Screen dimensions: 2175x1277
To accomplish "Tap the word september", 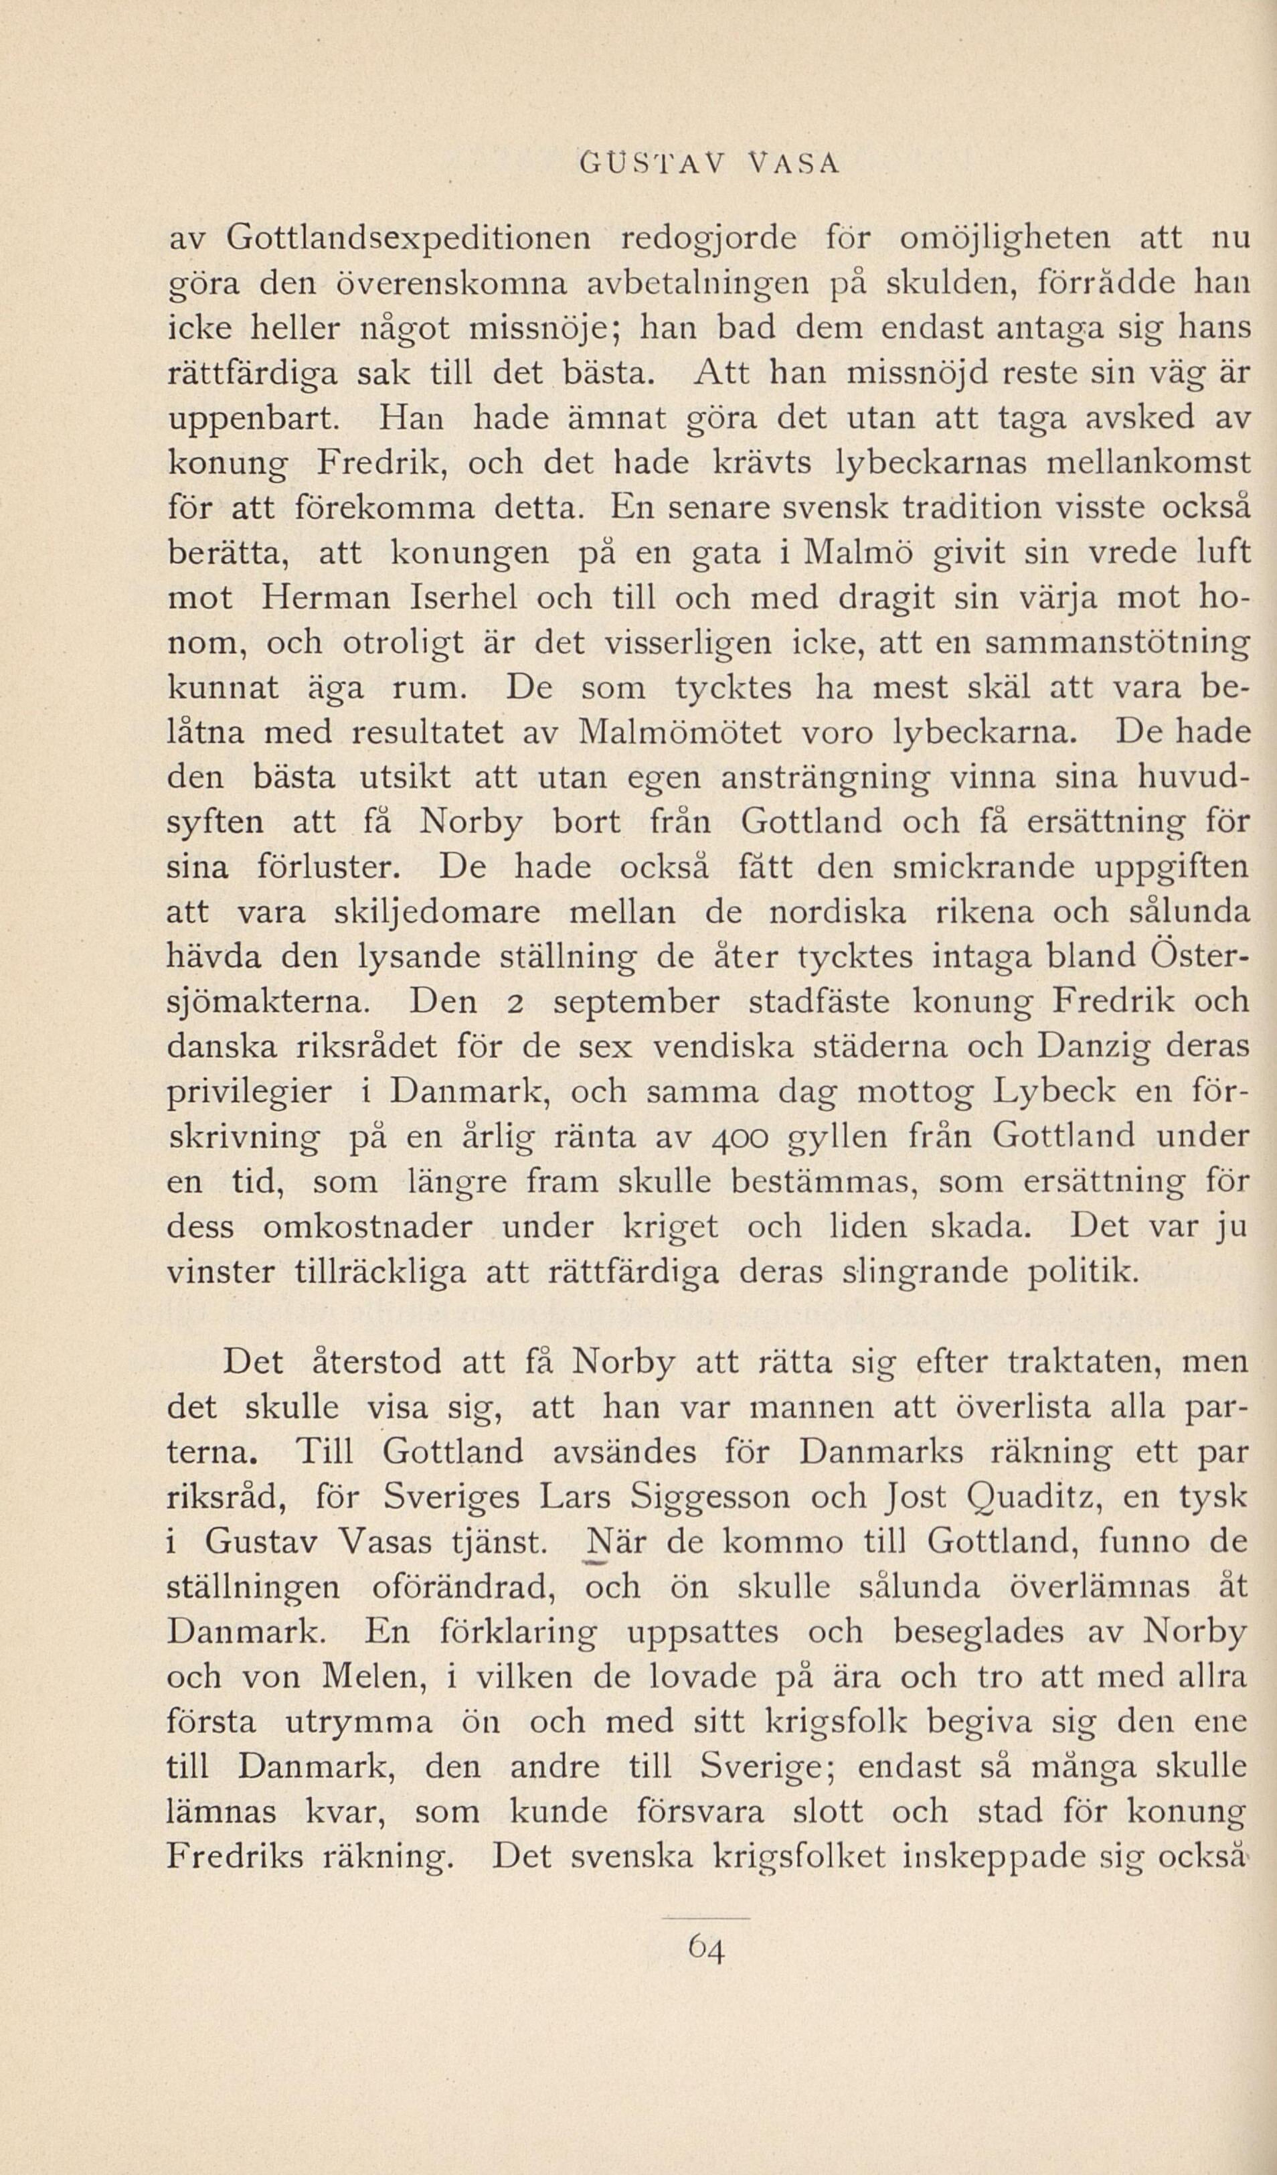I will pyautogui.click(x=635, y=1002).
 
